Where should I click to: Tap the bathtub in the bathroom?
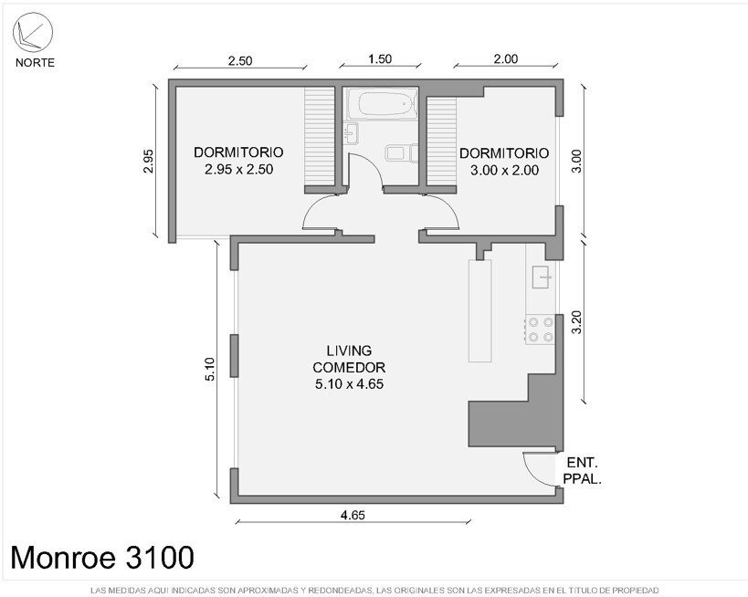tap(382, 103)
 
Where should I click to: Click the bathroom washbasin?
tap(351, 133)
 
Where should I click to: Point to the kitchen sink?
tap(543, 277)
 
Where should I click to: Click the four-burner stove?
tap(540, 330)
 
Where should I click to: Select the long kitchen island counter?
tap(479, 311)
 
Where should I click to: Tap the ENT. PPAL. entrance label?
tap(582, 471)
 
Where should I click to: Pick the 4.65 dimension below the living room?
tap(353, 515)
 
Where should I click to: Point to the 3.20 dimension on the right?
tap(576, 322)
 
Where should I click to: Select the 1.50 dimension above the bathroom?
tap(380, 59)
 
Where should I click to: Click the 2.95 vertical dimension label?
tap(148, 162)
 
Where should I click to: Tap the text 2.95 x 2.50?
tap(239, 169)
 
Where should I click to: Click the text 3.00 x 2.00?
tap(505, 170)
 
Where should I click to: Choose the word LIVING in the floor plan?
tap(349, 351)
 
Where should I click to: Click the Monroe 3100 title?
tap(102, 558)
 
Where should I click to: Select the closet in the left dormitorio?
tap(319, 136)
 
